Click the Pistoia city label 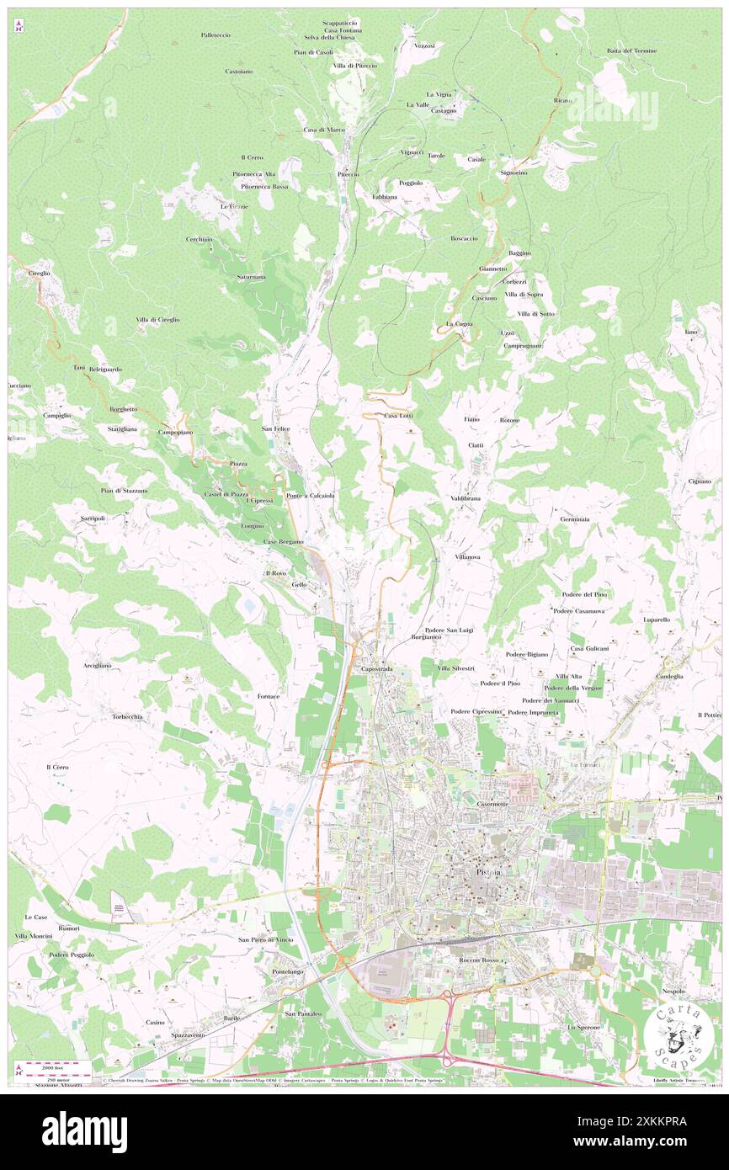click(x=488, y=873)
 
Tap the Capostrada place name click(x=376, y=669)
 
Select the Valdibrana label click(x=466, y=499)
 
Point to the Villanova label click(x=467, y=557)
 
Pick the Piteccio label click(x=349, y=174)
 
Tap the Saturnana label click(x=251, y=277)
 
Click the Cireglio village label click(x=39, y=274)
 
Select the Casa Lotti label click(x=398, y=416)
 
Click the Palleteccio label click(x=216, y=35)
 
